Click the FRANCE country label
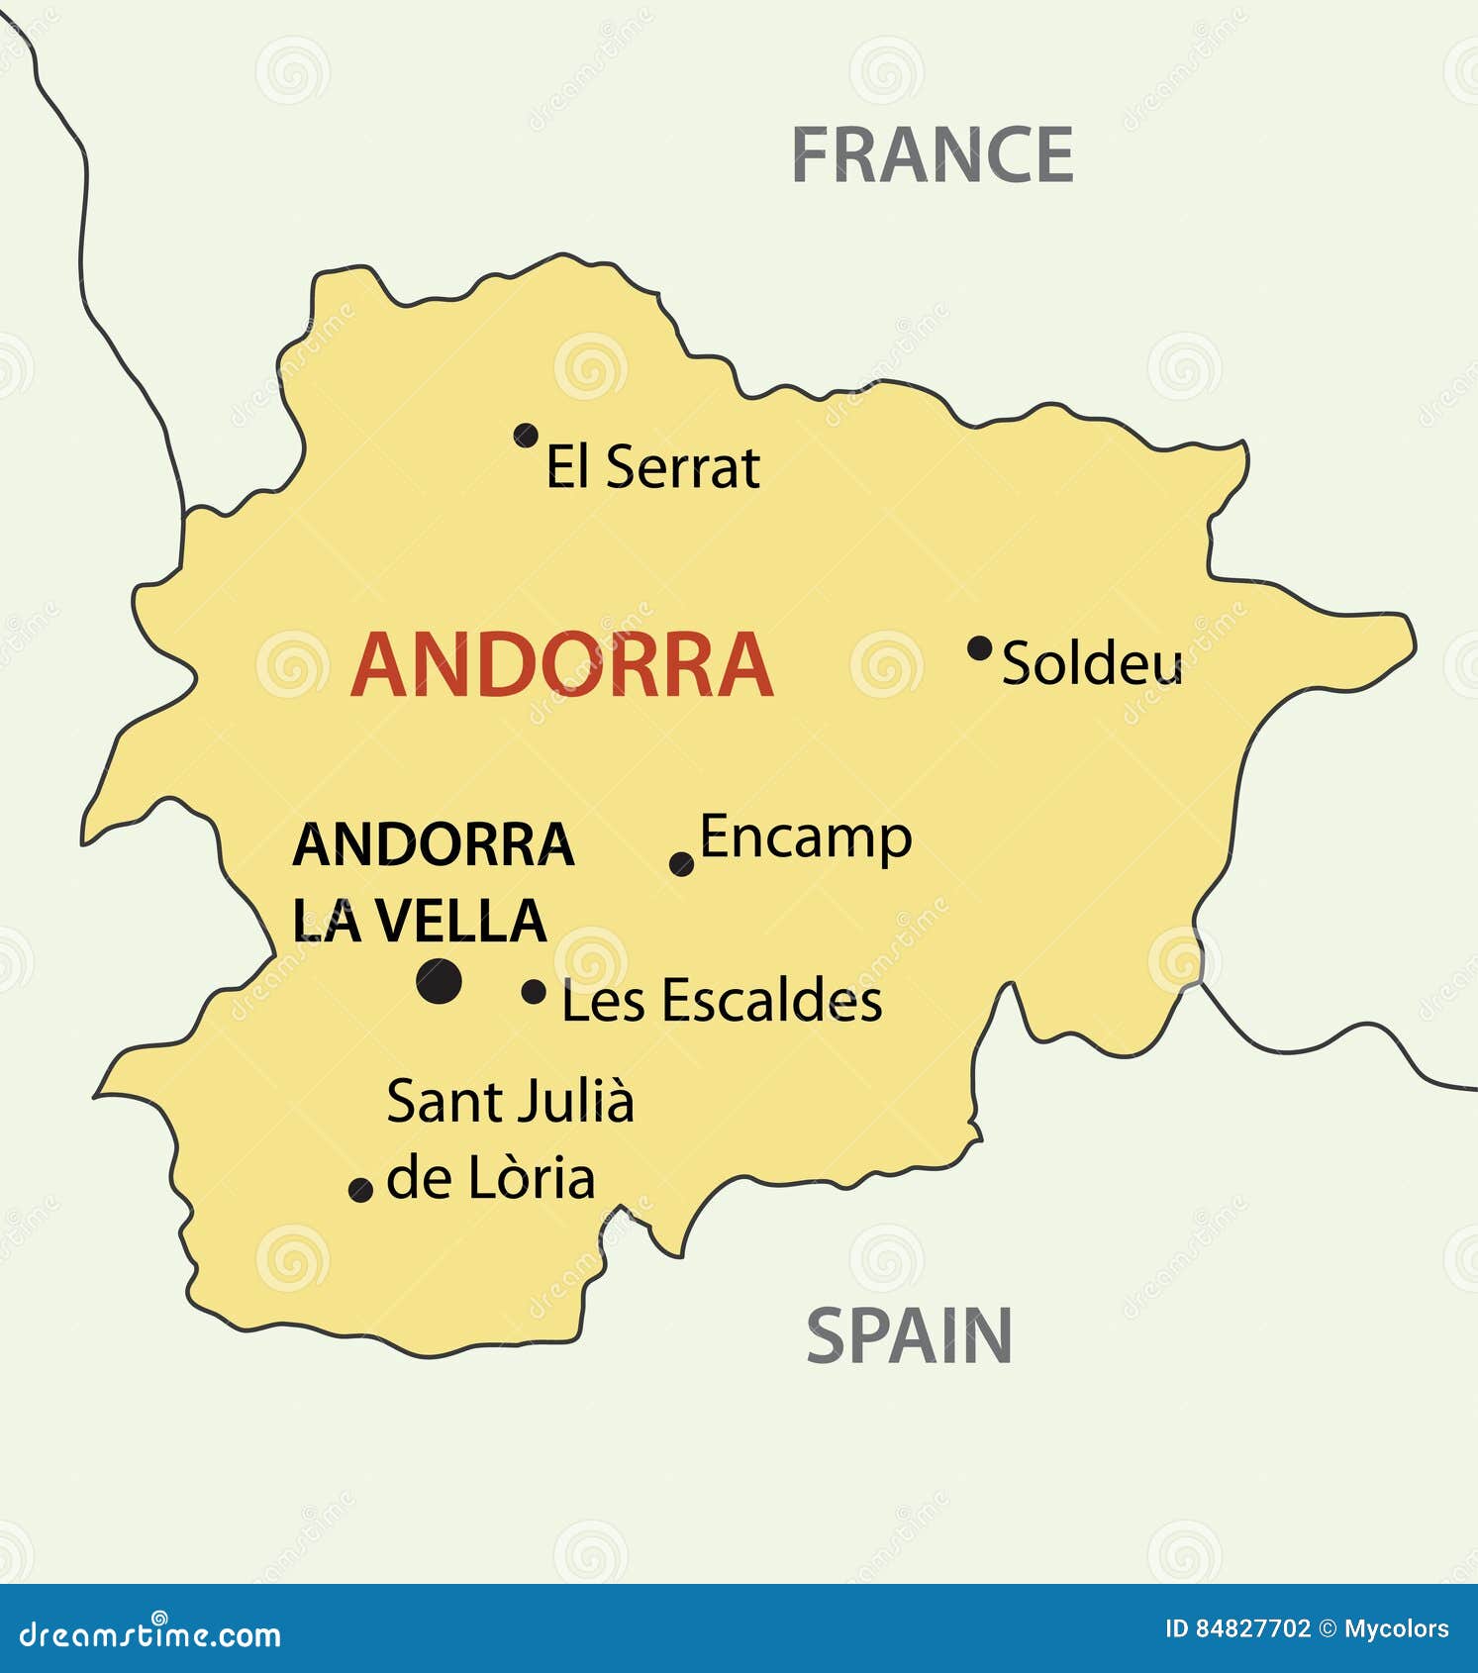point(933,155)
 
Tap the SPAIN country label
point(909,1335)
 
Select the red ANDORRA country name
point(561,666)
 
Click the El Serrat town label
point(652,467)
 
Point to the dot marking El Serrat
point(526,435)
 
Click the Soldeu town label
point(1092,663)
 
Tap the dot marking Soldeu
point(979,648)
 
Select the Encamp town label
point(806,838)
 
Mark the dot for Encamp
point(681,864)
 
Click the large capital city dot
point(439,981)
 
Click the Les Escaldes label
point(721,1001)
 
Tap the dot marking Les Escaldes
point(534,991)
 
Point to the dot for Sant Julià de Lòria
point(361,1189)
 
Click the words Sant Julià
point(510,1102)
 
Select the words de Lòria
point(490,1179)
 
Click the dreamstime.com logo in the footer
point(150,1634)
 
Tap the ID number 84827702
point(1253,1628)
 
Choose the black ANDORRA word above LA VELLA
point(433,845)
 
